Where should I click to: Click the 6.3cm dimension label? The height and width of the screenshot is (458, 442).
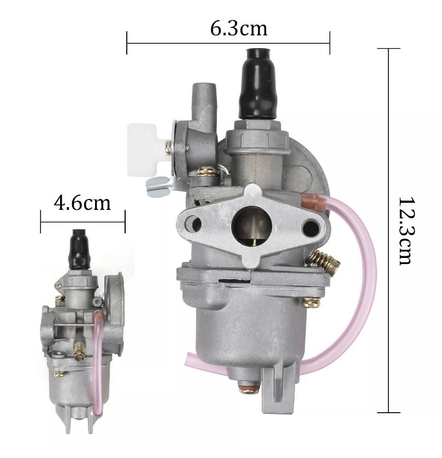click(239, 28)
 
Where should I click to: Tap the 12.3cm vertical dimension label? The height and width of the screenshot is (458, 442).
click(406, 231)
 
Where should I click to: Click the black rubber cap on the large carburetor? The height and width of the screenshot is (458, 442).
click(257, 84)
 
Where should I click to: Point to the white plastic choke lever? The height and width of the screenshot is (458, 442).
click(143, 150)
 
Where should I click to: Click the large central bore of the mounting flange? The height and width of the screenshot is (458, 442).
click(252, 226)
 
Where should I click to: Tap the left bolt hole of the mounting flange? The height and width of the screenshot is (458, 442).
click(193, 224)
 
